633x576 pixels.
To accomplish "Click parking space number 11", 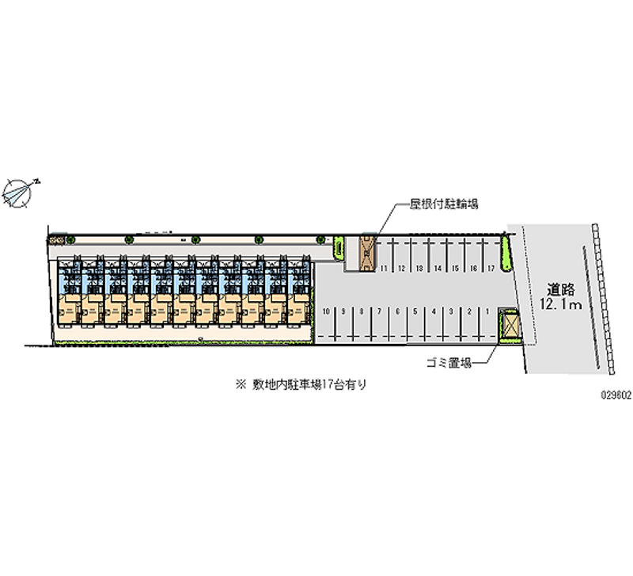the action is click(x=384, y=269).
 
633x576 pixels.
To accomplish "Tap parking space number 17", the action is click(x=491, y=269).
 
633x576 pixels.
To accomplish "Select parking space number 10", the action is click(x=326, y=312).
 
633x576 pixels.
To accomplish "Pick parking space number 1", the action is click(x=485, y=312).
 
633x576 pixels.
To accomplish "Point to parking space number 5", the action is click(x=415, y=312).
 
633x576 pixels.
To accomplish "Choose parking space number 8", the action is click(x=361, y=312).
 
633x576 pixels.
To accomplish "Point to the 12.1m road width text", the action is click(x=562, y=304).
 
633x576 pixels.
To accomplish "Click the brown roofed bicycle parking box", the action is click(x=368, y=252).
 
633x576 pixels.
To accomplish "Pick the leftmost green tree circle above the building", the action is click(x=70, y=238).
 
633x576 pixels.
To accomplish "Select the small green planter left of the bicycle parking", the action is click(x=339, y=247).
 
